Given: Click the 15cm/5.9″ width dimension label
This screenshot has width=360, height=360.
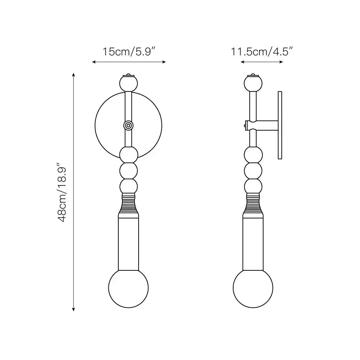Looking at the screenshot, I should (129, 51).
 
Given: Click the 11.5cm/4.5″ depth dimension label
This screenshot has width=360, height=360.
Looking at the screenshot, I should (261, 51).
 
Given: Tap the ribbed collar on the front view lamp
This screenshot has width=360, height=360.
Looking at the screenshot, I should (129, 203).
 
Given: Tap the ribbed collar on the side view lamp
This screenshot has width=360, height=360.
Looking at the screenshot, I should (253, 203).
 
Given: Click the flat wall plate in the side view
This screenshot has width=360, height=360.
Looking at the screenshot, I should (280, 125).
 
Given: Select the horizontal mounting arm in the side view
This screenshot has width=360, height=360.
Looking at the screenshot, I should (266, 125).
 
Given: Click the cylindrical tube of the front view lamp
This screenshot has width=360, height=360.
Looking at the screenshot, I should (129, 243).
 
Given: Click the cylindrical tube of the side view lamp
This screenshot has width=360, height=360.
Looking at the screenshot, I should (253, 243).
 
